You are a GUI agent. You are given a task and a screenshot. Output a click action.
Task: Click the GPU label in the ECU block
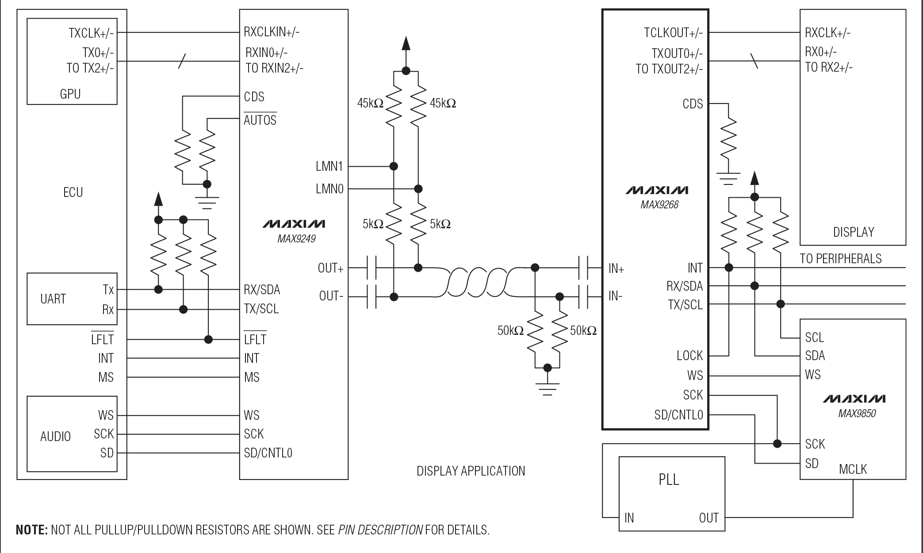tap(70, 94)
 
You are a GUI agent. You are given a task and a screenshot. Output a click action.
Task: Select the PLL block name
tap(668, 480)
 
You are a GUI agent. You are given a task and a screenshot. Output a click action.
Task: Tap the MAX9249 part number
tap(296, 239)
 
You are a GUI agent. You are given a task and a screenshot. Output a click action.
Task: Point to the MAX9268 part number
tap(659, 205)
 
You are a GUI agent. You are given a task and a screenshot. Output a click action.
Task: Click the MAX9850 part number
tap(857, 414)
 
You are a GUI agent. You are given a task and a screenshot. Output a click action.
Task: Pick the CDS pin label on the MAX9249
tap(254, 97)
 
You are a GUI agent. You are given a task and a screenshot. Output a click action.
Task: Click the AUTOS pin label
tap(260, 120)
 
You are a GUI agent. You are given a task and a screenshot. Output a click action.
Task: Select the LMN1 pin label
tap(329, 166)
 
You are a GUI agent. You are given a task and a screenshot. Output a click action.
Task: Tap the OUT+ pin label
tap(330, 268)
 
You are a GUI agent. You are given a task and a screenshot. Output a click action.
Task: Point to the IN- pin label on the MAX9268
tap(615, 296)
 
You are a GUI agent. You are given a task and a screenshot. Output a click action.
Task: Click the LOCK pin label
tap(689, 356)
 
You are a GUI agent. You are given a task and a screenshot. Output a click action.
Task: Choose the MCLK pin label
tap(853, 469)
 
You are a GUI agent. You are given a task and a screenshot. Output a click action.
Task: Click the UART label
tap(53, 299)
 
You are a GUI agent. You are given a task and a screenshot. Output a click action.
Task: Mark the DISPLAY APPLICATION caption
tap(471, 471)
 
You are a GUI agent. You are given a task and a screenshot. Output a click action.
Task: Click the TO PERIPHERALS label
tap(840, 259)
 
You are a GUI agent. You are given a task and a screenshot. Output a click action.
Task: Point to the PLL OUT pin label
tap(709, 518)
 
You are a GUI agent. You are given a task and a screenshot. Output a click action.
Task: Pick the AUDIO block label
tap(55, 437)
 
